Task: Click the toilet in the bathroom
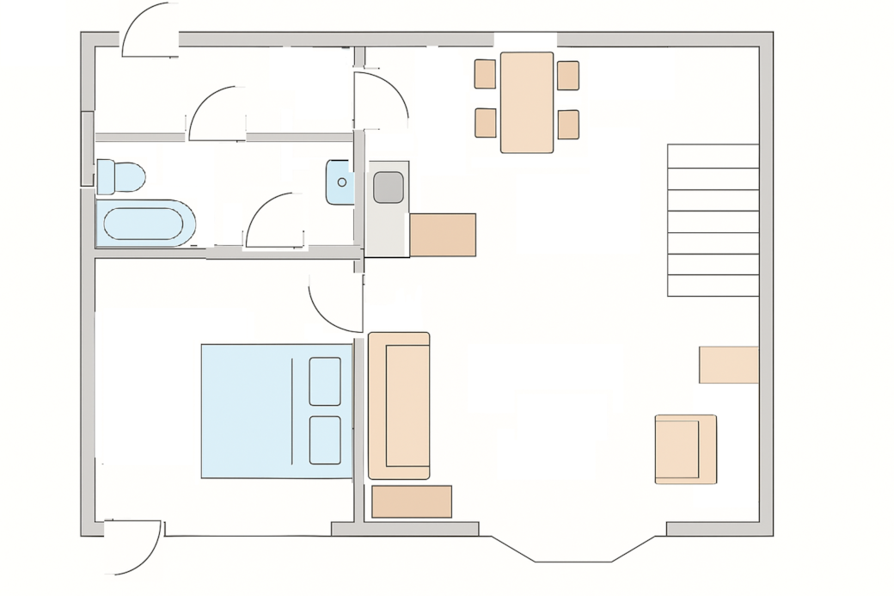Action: pos(120,176)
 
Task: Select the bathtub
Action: pos(144,224)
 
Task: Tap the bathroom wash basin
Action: pos(340,182)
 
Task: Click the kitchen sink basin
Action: pos(388,187)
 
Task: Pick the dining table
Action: pos(527,102)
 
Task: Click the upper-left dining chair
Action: pos(485,74)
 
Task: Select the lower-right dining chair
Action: pos(568,125)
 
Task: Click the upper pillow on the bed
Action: pos(325,381)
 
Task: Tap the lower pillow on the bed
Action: pos(325,440)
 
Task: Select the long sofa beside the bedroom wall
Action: pos(399,405)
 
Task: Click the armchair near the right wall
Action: pos(685,449)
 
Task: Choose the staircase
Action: pos(713,220)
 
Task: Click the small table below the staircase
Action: pos(728,365)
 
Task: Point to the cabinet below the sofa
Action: pos(412,502)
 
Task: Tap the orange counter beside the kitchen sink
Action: pos(443,235)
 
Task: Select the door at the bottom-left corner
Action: pos(133,547)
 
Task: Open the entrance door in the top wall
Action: pos(150,31)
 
